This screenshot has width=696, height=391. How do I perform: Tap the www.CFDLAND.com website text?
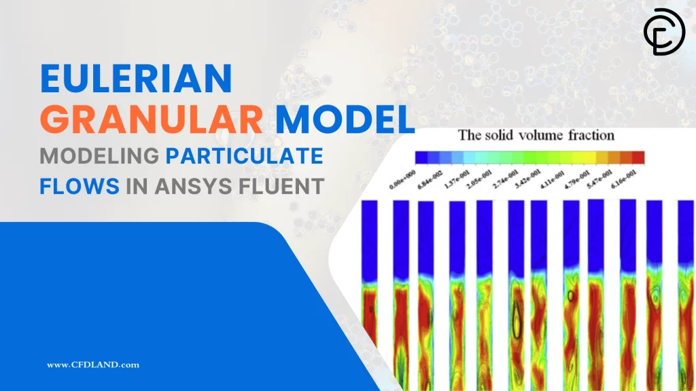(x=93, y=365)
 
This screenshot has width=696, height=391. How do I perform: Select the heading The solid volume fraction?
(x=536, y=135)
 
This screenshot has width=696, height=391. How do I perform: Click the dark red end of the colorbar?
(x=637, y=157)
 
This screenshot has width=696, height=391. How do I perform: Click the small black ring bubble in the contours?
(x=570, y=296)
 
